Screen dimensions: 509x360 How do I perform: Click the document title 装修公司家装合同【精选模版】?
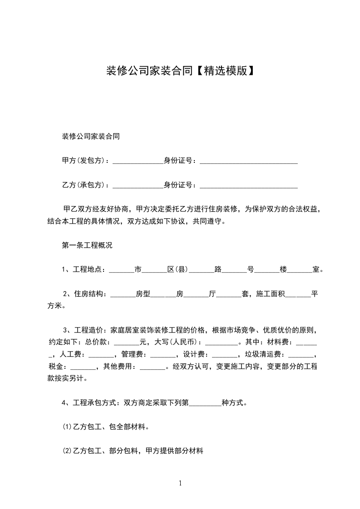coord(180,71)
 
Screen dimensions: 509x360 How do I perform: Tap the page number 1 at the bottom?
coord(180,483)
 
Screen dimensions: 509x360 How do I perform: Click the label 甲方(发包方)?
coord(85,161)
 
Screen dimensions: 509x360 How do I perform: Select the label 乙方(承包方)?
coord(85,185)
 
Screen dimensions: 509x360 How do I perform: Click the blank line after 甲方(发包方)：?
coord(138,162)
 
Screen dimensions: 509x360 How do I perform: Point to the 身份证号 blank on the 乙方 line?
coord(248,186)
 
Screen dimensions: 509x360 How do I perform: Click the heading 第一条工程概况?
coord(87,246)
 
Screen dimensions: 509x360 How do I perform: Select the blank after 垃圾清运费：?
coord(301,355)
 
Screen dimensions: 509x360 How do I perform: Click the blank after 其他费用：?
coord(154,367)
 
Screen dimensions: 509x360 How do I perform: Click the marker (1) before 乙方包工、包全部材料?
coord(66,427)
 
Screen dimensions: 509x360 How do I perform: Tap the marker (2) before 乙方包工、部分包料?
coord(66,451)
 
